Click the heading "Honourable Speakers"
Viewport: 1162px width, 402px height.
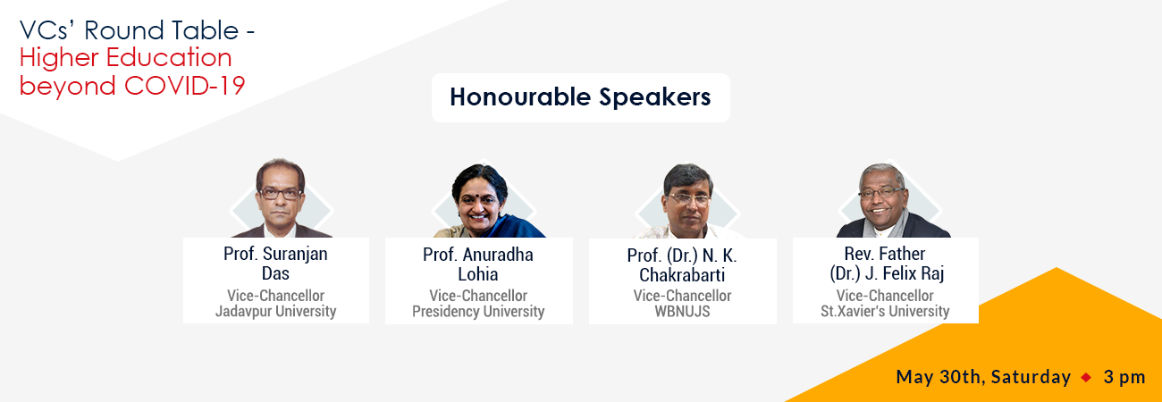tap(580, 97)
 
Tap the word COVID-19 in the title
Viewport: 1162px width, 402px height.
tap(185, 86)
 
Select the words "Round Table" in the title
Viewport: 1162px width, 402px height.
tap(161, 30)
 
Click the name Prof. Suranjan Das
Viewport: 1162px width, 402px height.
tap(275, 264)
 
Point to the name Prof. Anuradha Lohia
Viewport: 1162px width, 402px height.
tap(478, 264)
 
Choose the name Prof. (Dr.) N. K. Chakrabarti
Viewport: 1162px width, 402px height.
tap(682, 265)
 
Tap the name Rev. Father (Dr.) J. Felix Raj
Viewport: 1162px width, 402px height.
tap(886, 264)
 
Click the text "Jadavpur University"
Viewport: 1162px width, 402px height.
tap(275, 311)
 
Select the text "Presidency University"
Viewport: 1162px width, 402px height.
tap(478, 311)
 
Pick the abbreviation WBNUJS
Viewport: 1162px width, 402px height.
tap(682, 311)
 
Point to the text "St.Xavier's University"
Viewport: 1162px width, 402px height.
tap(885, 311)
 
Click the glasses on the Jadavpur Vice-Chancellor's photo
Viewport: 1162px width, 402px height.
tap(280, 194)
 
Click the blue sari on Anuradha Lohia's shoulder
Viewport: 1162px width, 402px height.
tap(511, 227)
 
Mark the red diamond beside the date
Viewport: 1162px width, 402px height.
tap(1086, 377)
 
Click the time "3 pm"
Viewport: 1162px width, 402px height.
tap(1124, 377)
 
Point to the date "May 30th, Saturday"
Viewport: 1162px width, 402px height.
tap(983, 377)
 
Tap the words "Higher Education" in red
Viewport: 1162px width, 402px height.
tap(125, 57)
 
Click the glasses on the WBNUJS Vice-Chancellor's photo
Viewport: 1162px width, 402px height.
tap(689, 198)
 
